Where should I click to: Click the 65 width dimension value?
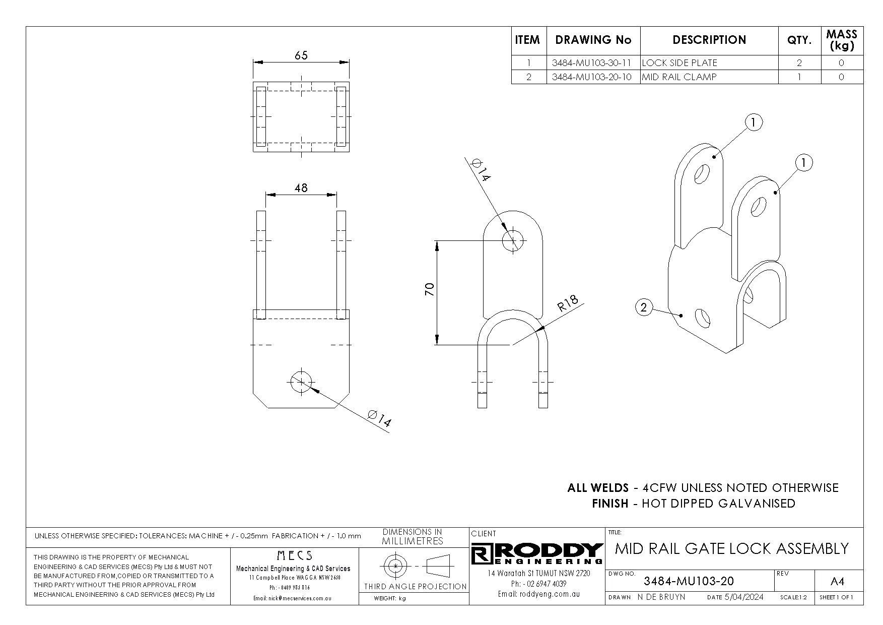coord(301,55)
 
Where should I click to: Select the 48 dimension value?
coord(301,188)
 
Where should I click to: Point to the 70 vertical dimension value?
coord(429,289)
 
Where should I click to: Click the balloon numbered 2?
coord(644,307)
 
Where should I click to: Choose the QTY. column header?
coord(799,40)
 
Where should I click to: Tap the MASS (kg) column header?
coord(842,40)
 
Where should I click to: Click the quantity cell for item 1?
coord(799,63)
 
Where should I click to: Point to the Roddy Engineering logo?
coord(537,554)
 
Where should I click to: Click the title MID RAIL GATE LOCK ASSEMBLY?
coord(732,548)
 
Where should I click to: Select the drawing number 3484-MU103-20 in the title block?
coord(689,581)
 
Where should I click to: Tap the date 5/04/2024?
coord(743,597)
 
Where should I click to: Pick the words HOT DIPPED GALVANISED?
coord(718,504)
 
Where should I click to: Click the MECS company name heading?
coord(295,556)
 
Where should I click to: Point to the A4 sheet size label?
coord(837,582)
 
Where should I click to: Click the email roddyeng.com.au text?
coord(539,594)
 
